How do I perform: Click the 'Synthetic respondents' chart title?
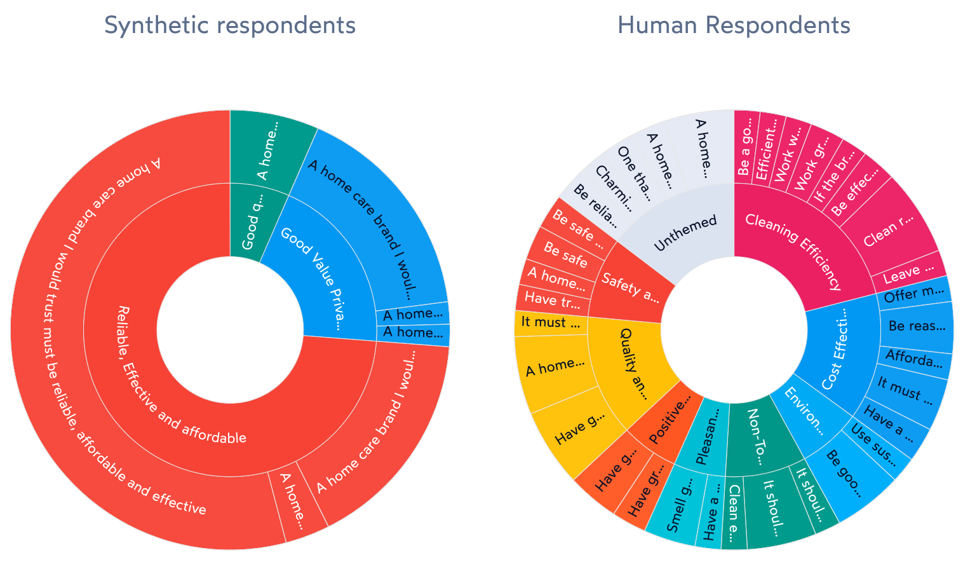229,25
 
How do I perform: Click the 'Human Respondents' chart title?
734,25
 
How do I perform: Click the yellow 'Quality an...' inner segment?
632,362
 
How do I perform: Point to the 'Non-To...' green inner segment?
755,438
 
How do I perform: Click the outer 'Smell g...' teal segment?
676,509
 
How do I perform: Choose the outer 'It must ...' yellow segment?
550,322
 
